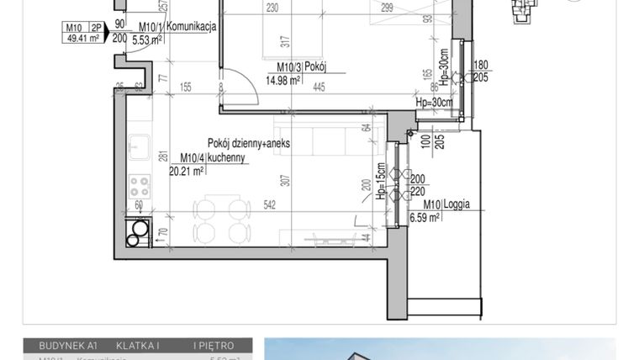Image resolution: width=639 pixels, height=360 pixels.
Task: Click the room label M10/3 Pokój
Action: (x=301, y=68)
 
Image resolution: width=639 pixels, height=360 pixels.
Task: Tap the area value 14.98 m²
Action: (x=283, y=81)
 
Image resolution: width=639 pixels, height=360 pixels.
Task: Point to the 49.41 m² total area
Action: (x=80, y=39)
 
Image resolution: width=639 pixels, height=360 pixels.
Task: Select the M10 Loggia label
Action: (x=446, y=204)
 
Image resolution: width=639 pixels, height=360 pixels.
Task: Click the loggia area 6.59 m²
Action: (x=425, y=218)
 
